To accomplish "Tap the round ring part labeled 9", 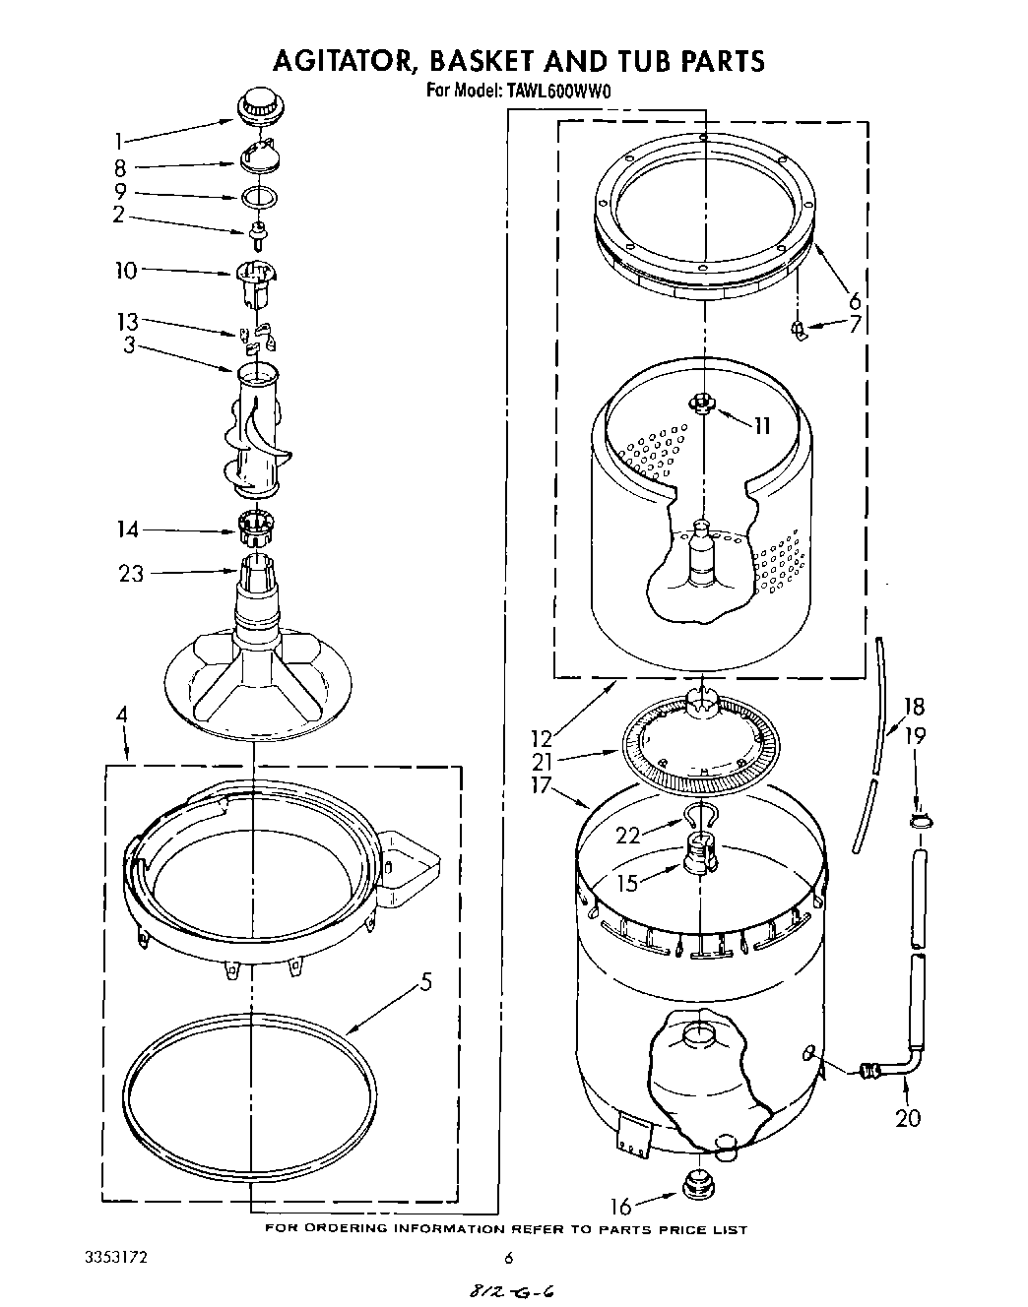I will point(259,196).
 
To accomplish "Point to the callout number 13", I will point(128,322).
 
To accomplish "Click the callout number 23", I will point(131,573).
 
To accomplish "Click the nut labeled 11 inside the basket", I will point(701,402).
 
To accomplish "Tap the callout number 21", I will point(542,761).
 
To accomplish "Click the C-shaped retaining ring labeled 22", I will point(697,814).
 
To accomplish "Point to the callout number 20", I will point(908,1117).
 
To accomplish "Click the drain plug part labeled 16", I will point(696,1186).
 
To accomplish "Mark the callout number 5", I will point(425,981).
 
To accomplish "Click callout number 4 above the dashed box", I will point(121,716).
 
